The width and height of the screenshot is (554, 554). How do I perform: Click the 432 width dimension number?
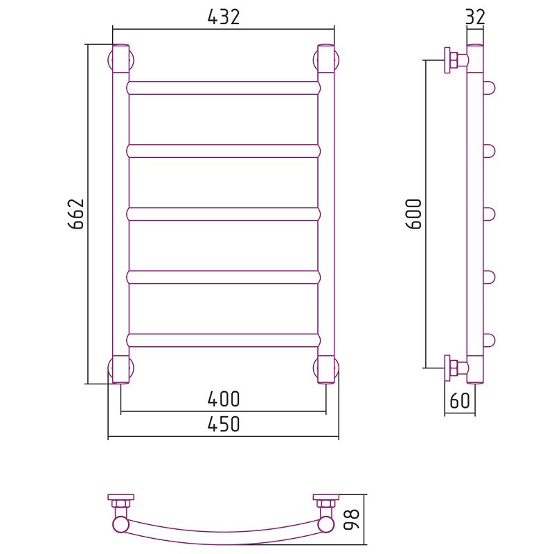click(x=223, y=17)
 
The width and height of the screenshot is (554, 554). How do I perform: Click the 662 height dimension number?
click(x=76, y=214)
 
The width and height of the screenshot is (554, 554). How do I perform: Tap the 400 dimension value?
click(x=223, y=399)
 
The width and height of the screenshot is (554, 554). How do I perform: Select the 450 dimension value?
click(x=223, y=424)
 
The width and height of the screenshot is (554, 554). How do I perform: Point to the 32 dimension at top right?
click(x=475, y=17)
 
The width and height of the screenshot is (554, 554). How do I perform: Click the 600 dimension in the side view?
click(x=414, y=214)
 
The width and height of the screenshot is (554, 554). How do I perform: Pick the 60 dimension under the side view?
click(x=460, y=401)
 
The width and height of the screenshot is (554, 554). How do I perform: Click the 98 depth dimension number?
click(x=351, y=519)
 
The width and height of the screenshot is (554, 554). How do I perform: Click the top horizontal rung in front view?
click(x=223, y=88)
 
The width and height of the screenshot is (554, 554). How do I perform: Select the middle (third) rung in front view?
click(x=223, y=215)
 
